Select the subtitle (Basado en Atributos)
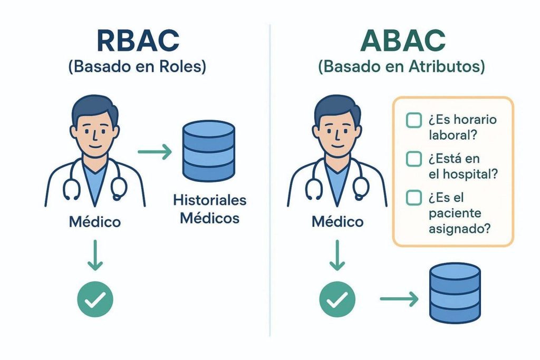(402, 69)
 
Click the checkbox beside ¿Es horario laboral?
(413, 120)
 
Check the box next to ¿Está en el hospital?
(413, 159)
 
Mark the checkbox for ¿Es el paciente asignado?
(413, 198)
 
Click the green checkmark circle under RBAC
(95, 299)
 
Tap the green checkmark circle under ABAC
(337, 299)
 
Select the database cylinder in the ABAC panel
(455, 293)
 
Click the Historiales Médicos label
(209, 209)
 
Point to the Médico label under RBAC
(95, 221)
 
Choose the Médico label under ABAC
(337, 221)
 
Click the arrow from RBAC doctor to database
(155, 153)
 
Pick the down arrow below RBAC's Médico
(95, 255)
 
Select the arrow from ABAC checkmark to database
(399, 299)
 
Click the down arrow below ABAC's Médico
(337, 255)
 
